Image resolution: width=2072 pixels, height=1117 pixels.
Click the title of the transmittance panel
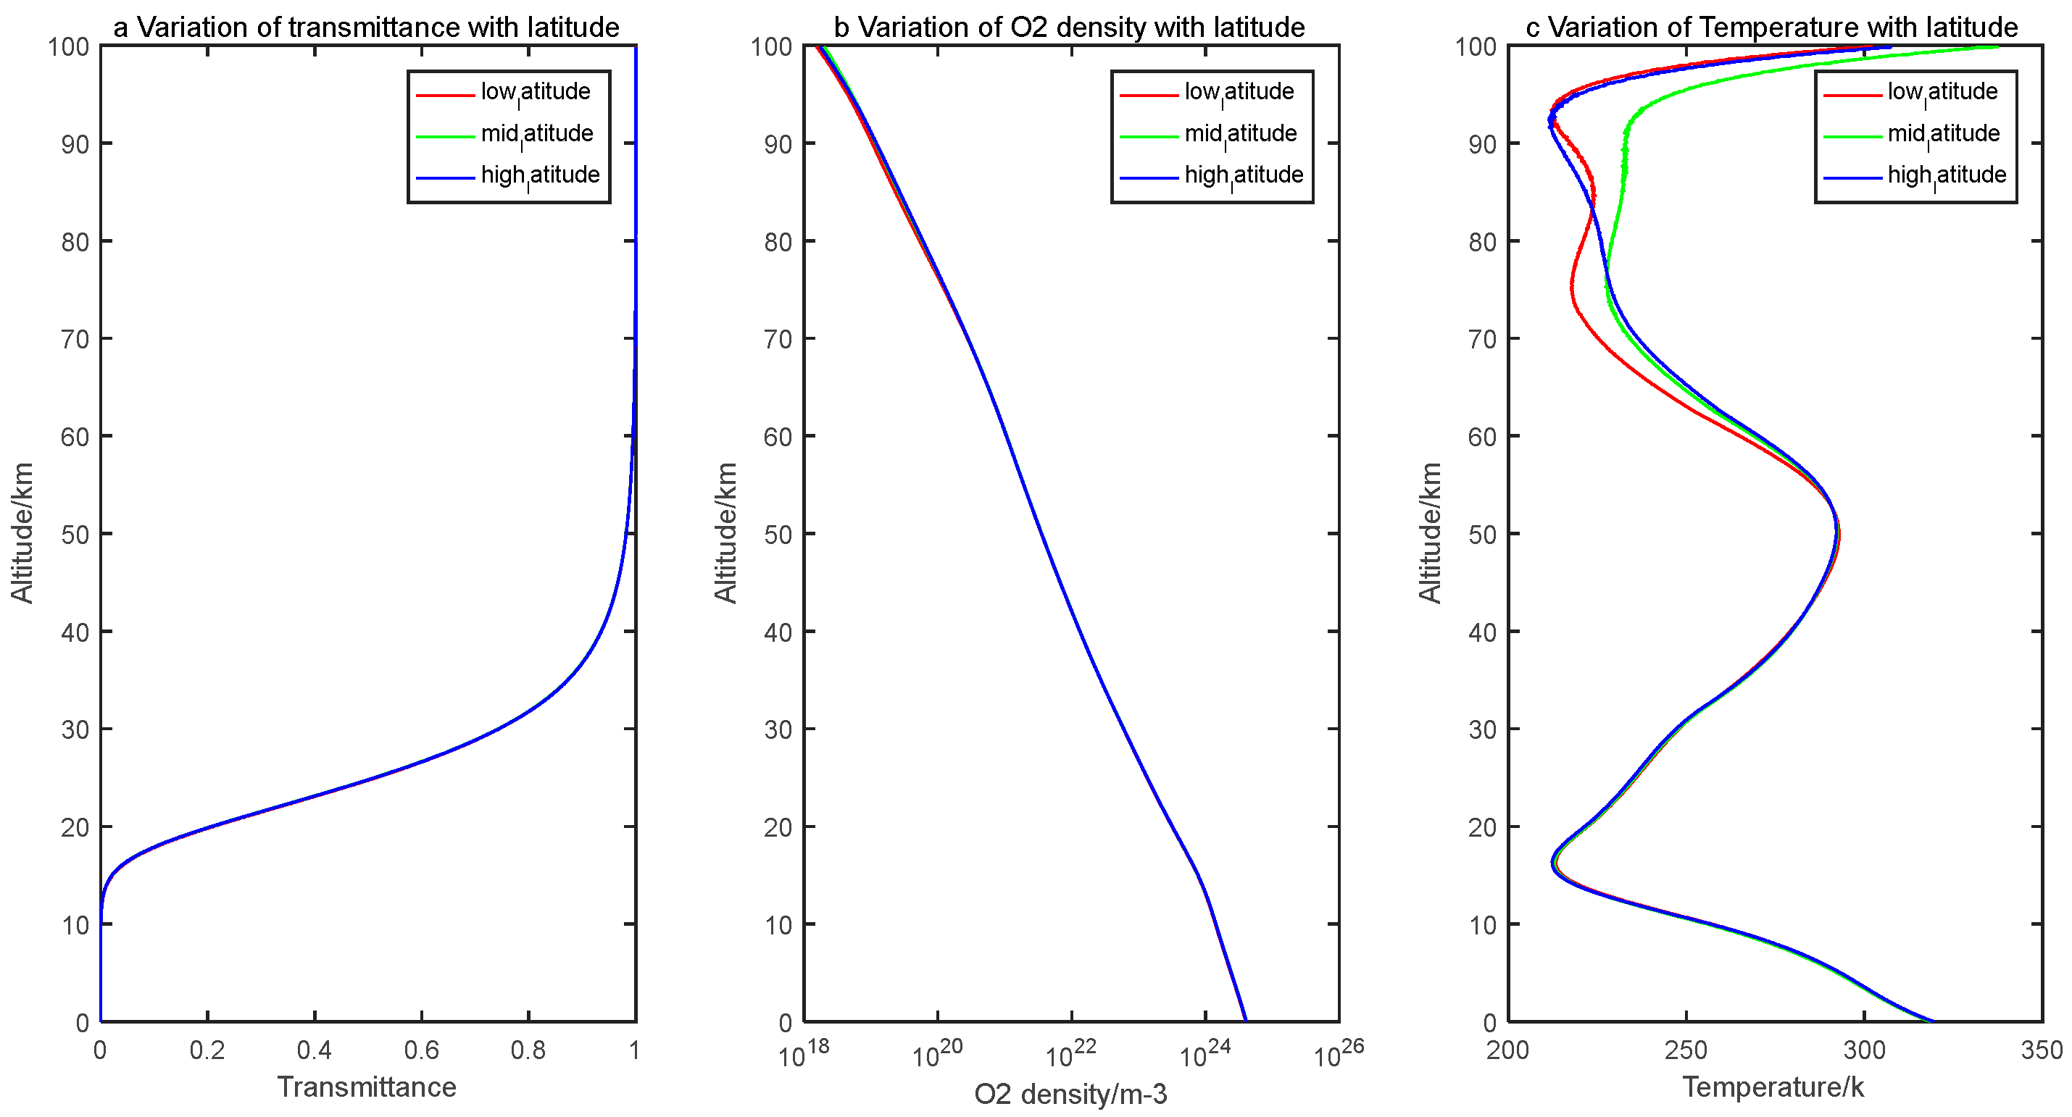coord(366,28)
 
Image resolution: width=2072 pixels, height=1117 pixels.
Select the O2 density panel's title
coord(1069,28)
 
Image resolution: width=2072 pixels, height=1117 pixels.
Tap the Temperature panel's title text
coord(1771,28)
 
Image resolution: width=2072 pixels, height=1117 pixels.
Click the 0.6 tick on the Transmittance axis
coord(422,1050)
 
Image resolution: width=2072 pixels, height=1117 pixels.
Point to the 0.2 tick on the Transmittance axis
coord(207,1050)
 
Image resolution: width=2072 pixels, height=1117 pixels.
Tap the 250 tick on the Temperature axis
coord(1685,1050)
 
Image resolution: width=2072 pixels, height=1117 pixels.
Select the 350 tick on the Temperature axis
coord(2042,1050)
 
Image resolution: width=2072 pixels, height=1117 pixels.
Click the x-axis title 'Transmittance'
coord(367,1087)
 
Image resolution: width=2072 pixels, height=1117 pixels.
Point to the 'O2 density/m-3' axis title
coord(1070,1094)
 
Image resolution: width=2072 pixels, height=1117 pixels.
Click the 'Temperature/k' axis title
coord(1773,1087)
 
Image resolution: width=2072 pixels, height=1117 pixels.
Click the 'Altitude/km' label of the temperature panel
coord(1429,532)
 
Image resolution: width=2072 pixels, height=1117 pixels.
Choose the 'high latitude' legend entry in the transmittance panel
coord(540,175)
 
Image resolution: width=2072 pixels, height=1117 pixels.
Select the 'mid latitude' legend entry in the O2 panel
coord(1240,133)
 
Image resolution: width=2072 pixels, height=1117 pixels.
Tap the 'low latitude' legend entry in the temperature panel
coord(1942,92)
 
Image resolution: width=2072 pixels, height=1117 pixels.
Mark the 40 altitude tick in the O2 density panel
coord(778,632)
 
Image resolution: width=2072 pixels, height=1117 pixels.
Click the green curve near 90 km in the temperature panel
coord(1626,145)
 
